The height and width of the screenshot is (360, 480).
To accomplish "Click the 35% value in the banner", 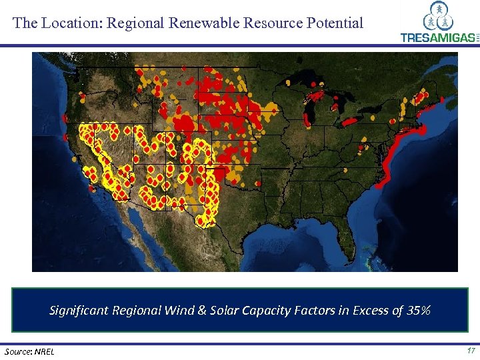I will (x=419, y=310).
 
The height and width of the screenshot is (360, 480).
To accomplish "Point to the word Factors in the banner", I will (x=317, y=310).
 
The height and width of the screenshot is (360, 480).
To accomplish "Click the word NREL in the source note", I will (x=46, y=351).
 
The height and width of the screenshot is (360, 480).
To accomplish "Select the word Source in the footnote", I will (x=19, y=351).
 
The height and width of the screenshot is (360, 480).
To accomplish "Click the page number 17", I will (x=471, y=351).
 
